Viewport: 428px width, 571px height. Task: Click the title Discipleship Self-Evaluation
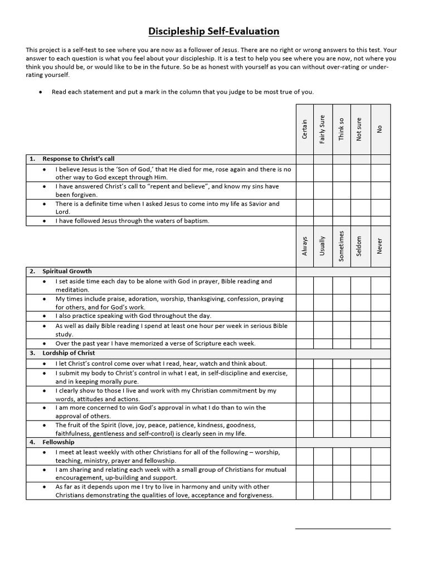(214, 31)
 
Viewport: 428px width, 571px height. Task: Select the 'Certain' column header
(304, 129)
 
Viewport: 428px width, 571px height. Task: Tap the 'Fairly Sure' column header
(323, 129)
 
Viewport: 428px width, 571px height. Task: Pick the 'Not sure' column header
(359, 129)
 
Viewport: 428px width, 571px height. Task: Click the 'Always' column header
(304, 245)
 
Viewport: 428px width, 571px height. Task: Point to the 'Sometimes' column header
(341, 245)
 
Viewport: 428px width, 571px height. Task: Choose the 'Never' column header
(380, 245)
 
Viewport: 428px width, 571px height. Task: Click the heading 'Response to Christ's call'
(78, 159)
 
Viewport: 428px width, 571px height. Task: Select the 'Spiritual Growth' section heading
(67, 272)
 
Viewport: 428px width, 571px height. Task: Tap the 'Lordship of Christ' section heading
(69, 353)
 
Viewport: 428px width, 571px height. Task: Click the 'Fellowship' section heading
(58, 442)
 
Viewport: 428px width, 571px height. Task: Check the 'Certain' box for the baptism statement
(304, 221)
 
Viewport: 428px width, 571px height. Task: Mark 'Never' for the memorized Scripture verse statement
(380, 343)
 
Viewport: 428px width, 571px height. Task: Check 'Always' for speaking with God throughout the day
(304, 316)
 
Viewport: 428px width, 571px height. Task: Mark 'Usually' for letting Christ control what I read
(323, 364)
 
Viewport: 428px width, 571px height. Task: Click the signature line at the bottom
(342, 528)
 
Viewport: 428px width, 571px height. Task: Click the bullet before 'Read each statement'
(41, 92)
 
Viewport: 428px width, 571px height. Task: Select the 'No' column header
(380, 129)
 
